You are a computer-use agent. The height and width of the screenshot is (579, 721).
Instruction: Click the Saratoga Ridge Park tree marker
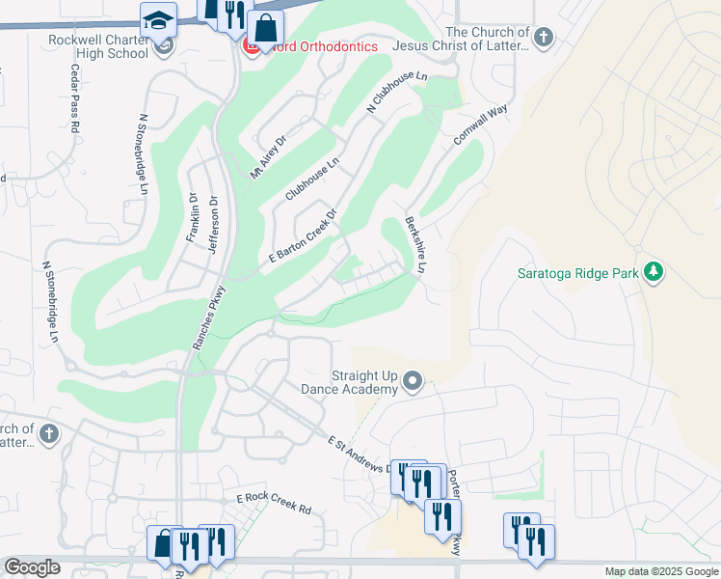654,272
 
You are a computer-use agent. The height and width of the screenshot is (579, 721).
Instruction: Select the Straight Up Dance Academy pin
413,381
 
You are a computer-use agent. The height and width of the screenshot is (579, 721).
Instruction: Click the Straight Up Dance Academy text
364,382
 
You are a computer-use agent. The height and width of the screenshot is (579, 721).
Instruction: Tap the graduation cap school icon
157,19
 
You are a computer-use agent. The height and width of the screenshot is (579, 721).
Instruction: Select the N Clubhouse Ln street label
395,94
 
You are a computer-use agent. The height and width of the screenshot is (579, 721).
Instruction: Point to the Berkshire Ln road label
415,242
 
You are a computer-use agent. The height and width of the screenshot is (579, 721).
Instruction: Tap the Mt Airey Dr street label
269,156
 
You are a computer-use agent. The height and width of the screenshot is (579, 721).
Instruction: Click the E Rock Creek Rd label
275,504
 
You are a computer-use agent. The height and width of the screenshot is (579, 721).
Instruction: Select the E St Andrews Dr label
362,455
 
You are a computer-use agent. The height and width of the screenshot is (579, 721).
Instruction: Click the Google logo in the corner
32,567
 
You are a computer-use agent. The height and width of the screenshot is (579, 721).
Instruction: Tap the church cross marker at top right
544,38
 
